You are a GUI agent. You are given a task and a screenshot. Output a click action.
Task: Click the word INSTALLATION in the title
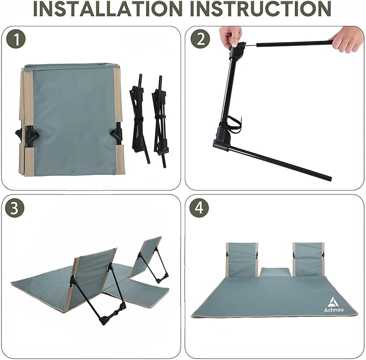pos(108,9)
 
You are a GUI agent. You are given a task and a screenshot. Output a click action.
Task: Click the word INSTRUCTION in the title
pos(261,9)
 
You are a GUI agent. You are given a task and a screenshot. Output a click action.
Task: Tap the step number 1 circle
pos(16,39)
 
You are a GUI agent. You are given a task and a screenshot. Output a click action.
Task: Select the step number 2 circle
pos(201,39)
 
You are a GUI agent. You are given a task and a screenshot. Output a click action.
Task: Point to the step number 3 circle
pos(15,208)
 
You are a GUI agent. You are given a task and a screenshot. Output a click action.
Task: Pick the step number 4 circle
pos(199,208)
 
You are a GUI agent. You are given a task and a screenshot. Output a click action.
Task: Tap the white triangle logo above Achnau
pos(333,302)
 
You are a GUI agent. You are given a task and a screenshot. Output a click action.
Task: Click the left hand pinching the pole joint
pos(230,36)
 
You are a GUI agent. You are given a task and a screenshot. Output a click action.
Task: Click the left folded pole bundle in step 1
pos(140,119)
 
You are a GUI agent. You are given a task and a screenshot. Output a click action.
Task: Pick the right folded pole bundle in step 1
pos(160,121)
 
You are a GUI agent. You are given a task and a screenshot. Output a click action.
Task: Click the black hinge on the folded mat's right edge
pos(118,135)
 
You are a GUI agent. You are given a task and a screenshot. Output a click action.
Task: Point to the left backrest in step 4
pos(242,260)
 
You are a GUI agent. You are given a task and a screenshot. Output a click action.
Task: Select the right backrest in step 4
pos(308,260)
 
